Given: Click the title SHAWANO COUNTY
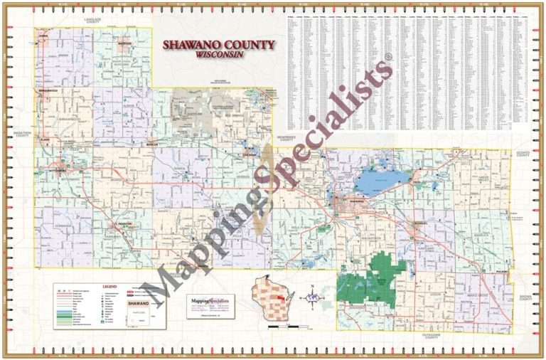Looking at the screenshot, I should pyautogui.click(x=218, y=45).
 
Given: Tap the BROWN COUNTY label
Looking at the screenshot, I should pyautogui.click(x=525, y=297).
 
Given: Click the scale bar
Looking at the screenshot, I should pyautogui.click(x=286, y=327).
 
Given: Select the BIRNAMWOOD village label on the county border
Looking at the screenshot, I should pyautogui.click(x=48, y=91).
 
